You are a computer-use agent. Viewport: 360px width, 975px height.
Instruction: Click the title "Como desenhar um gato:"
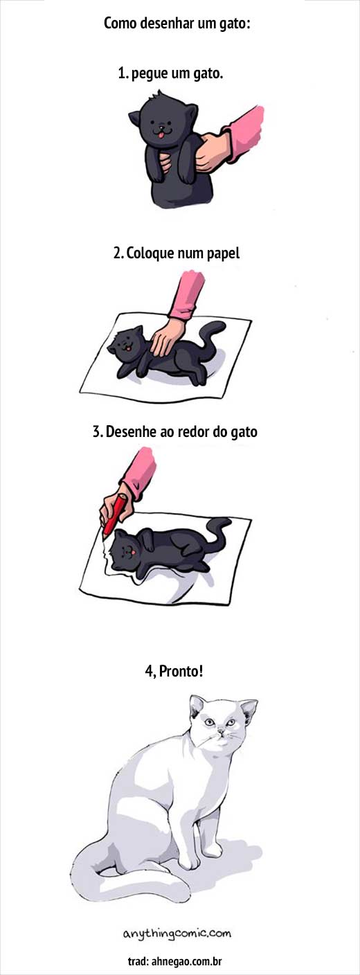[177, 23]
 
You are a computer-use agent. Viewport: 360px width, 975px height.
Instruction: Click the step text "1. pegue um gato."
[170, 73]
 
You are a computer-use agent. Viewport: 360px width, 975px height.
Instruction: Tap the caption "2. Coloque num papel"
[177, 253]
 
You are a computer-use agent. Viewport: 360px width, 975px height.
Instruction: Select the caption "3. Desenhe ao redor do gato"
[175, 431]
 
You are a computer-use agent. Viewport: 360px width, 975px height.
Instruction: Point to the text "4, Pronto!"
[174, 671]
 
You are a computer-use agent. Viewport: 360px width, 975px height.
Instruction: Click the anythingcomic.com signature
[177, 933]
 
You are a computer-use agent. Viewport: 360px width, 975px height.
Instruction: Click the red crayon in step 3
[115, 514]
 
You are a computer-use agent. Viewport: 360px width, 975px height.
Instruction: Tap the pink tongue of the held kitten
[161, 136]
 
